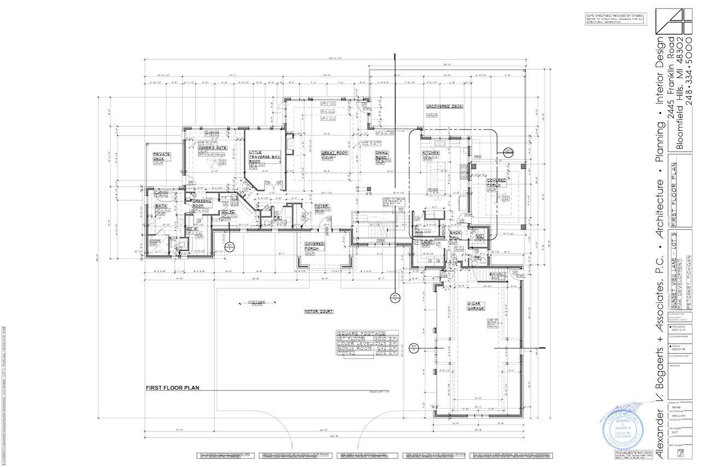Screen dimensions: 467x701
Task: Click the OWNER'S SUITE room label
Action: (x=213, y=148)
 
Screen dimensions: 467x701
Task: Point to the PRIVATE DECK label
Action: (x=162, y=157)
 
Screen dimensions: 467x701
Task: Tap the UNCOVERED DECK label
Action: (x=445, y=107)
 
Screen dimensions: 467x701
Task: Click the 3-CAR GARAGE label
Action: (x=475, y=306)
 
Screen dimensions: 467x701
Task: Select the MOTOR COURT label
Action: (x=319, y=312)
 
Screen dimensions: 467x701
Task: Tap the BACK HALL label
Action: (x=455, y=235)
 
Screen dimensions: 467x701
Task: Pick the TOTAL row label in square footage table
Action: (x=346, y=354)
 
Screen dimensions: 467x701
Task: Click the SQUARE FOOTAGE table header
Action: (x=361, y=334)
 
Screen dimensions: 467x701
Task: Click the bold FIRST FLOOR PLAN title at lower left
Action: (x=172, y=388)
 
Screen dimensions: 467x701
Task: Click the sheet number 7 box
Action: (x=680, y=453)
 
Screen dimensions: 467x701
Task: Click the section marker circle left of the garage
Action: (x=414, y=346)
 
